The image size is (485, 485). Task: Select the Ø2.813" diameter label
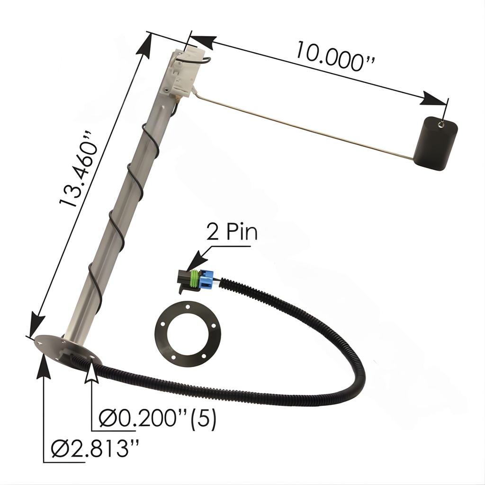tap(95, 449)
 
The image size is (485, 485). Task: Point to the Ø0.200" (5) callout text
tap(157, 418)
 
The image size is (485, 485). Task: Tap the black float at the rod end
tap(436, 144)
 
